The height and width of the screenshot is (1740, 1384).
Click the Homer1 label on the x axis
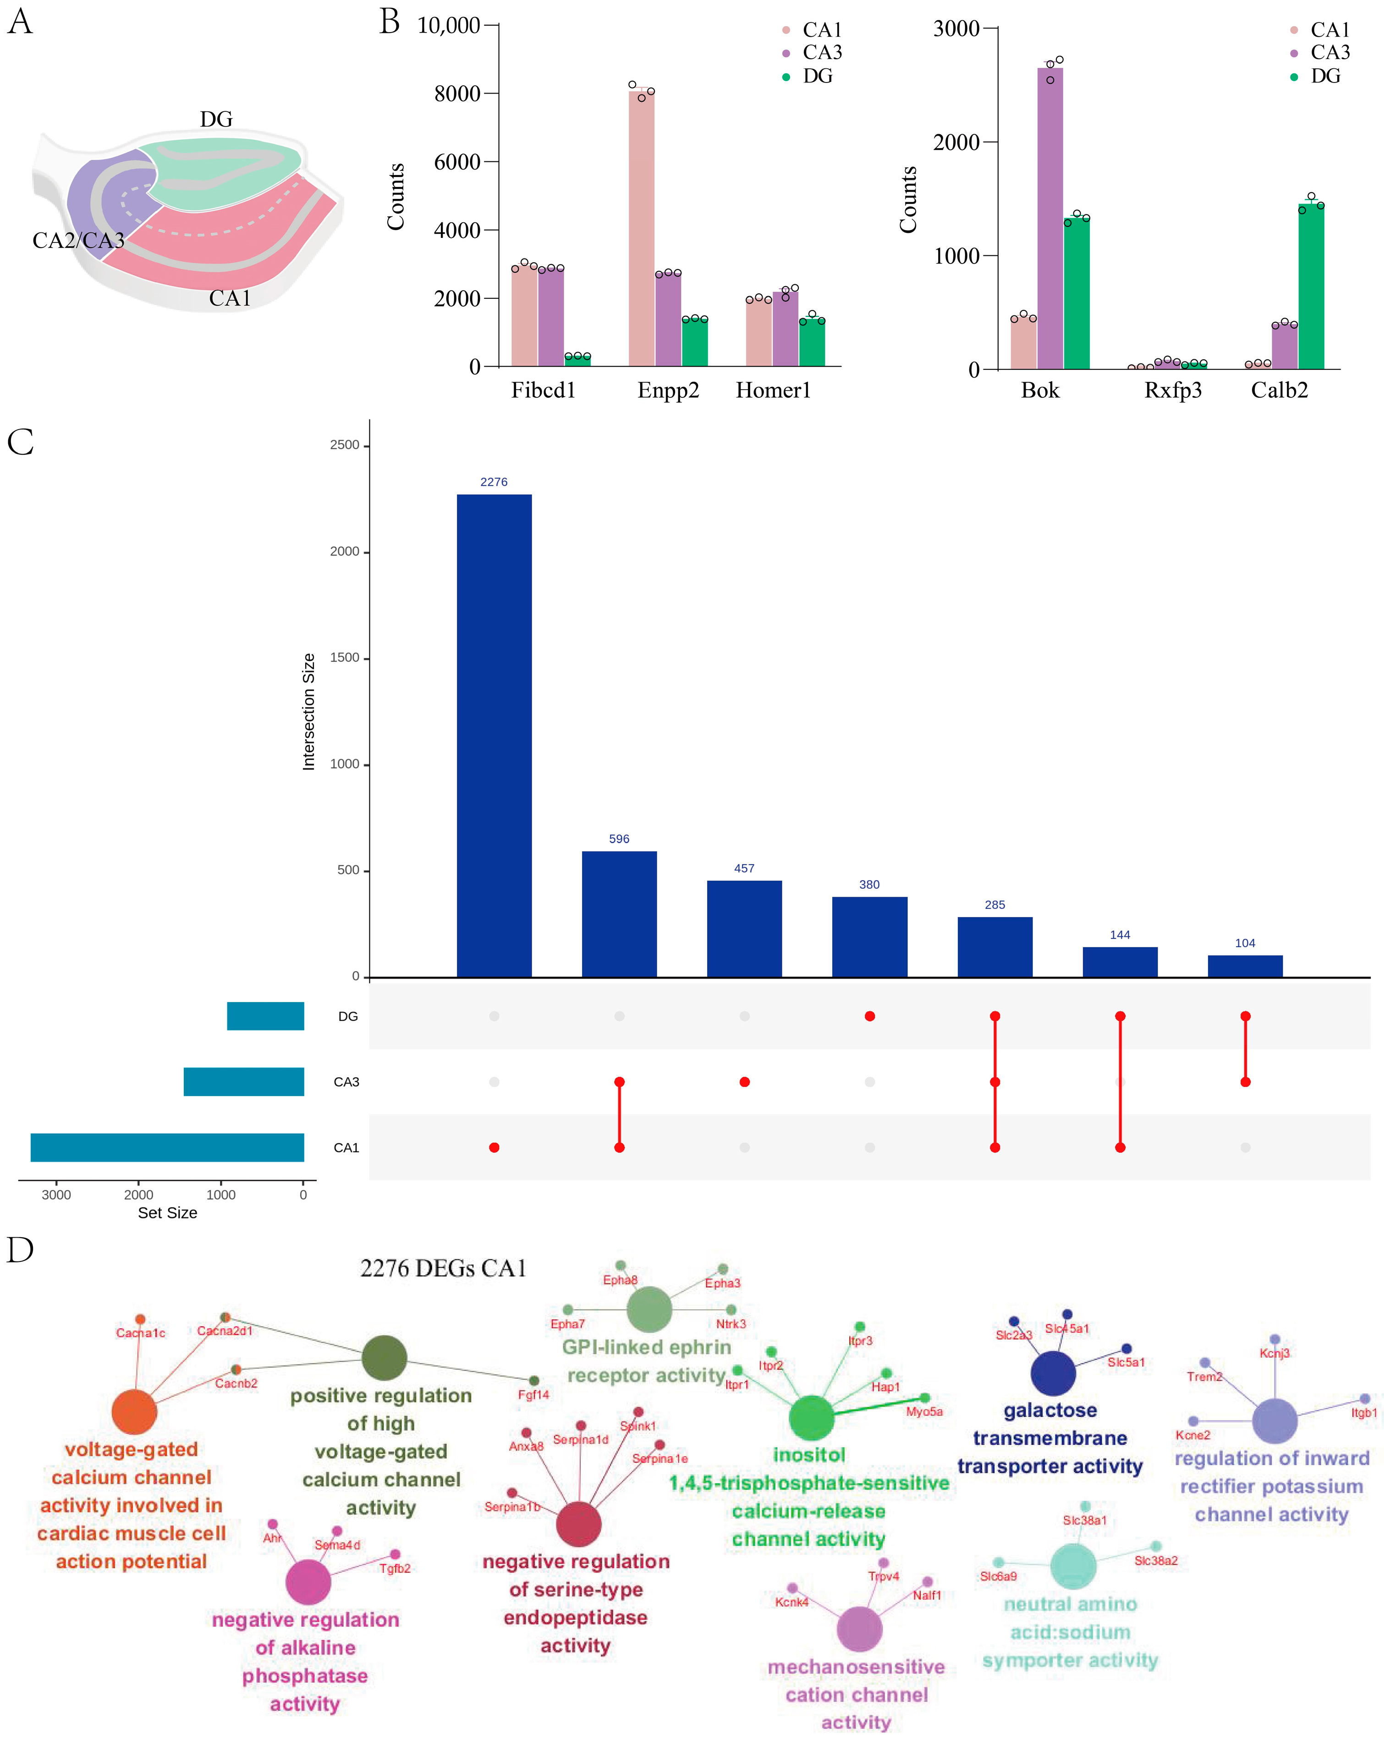coord(772,391)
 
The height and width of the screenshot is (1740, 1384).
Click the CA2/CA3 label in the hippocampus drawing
coord(78,241)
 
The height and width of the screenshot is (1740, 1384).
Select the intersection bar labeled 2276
coord(494,734)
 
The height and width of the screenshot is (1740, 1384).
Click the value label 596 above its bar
coord(619,838)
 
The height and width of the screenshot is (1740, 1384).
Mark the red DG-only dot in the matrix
coord(869,1016)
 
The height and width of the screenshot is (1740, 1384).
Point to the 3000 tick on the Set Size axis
coord(56,1195)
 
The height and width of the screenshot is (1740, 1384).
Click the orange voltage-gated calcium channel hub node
coord(134,1411)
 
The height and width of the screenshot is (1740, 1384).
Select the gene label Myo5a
coord(923,1411)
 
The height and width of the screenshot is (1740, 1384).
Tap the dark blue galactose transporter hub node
coord(1052,1373)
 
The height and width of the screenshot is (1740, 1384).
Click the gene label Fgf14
coord(533,1394)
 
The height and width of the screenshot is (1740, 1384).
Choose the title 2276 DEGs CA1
coord(443,1268)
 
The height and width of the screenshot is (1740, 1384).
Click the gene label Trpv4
coord(883,1576)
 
